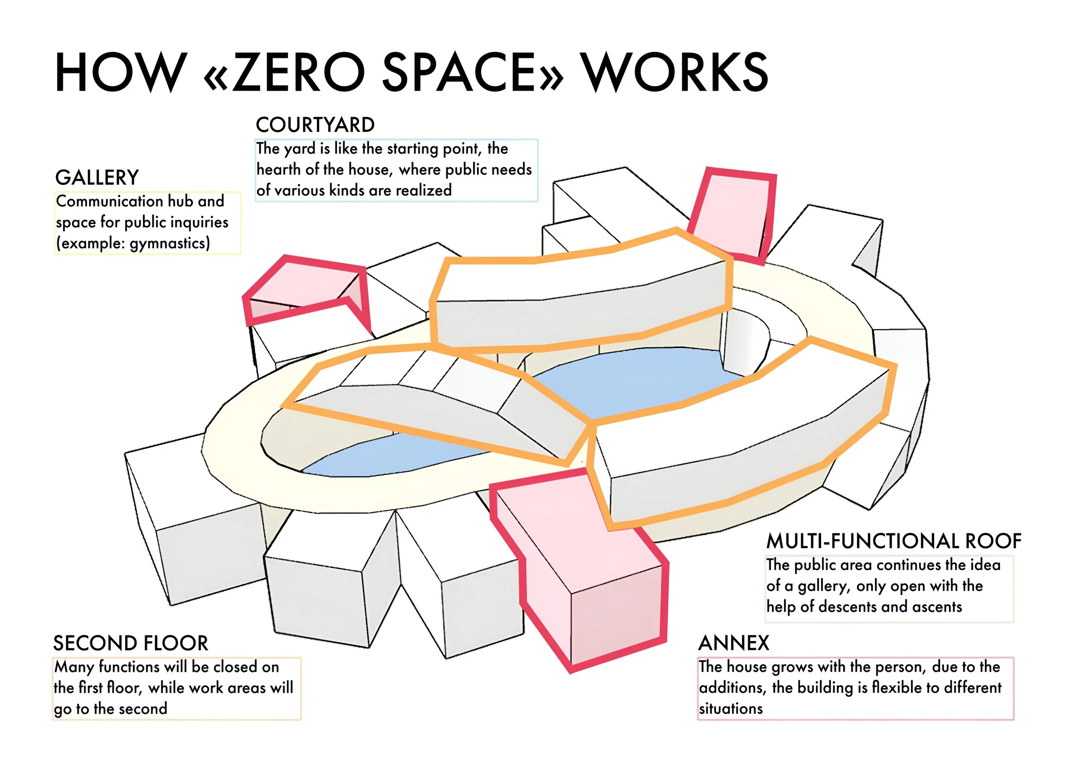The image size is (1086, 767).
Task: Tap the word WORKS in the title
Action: [675, 73]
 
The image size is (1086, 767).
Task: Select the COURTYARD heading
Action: [315, 125]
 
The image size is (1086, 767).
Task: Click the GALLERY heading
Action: [97, 178]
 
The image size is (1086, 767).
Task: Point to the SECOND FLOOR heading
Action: [131, 644]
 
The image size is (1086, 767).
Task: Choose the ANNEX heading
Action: [734, 644]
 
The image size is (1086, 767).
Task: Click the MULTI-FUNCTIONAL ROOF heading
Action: [894, 542]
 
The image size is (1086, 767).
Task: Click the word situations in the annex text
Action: [731, 709]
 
